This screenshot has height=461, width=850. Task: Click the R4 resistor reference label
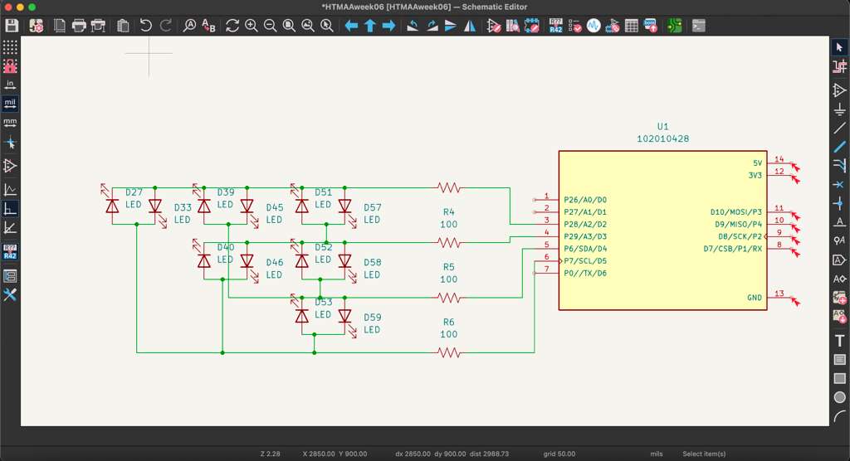(x=448, y=212)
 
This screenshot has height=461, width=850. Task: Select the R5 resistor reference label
(x=448, y=267)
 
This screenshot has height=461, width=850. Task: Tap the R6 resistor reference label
(x=448, y=322)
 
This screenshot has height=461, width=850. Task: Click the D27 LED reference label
(x=134, y=192)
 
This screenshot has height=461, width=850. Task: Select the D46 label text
(x=274, y=262)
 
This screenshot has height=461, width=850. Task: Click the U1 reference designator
(x=662, y=127)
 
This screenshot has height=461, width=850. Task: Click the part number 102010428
(x=662, y=139)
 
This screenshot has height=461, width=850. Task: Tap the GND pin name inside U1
(x=754, y=298)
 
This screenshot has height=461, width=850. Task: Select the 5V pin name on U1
(x=756, y=163)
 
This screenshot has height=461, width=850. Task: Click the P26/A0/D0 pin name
(x=584, y=200)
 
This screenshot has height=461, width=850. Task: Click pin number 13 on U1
(x=779, y=294)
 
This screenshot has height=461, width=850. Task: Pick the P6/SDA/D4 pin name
(x=584, y=249)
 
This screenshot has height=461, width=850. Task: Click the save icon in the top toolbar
(x=12, y=26)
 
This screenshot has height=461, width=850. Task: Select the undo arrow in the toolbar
(x=146, y=26)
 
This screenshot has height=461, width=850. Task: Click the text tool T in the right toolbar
(x=839, y=341)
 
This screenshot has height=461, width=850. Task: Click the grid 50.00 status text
(x=560, y=454)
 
